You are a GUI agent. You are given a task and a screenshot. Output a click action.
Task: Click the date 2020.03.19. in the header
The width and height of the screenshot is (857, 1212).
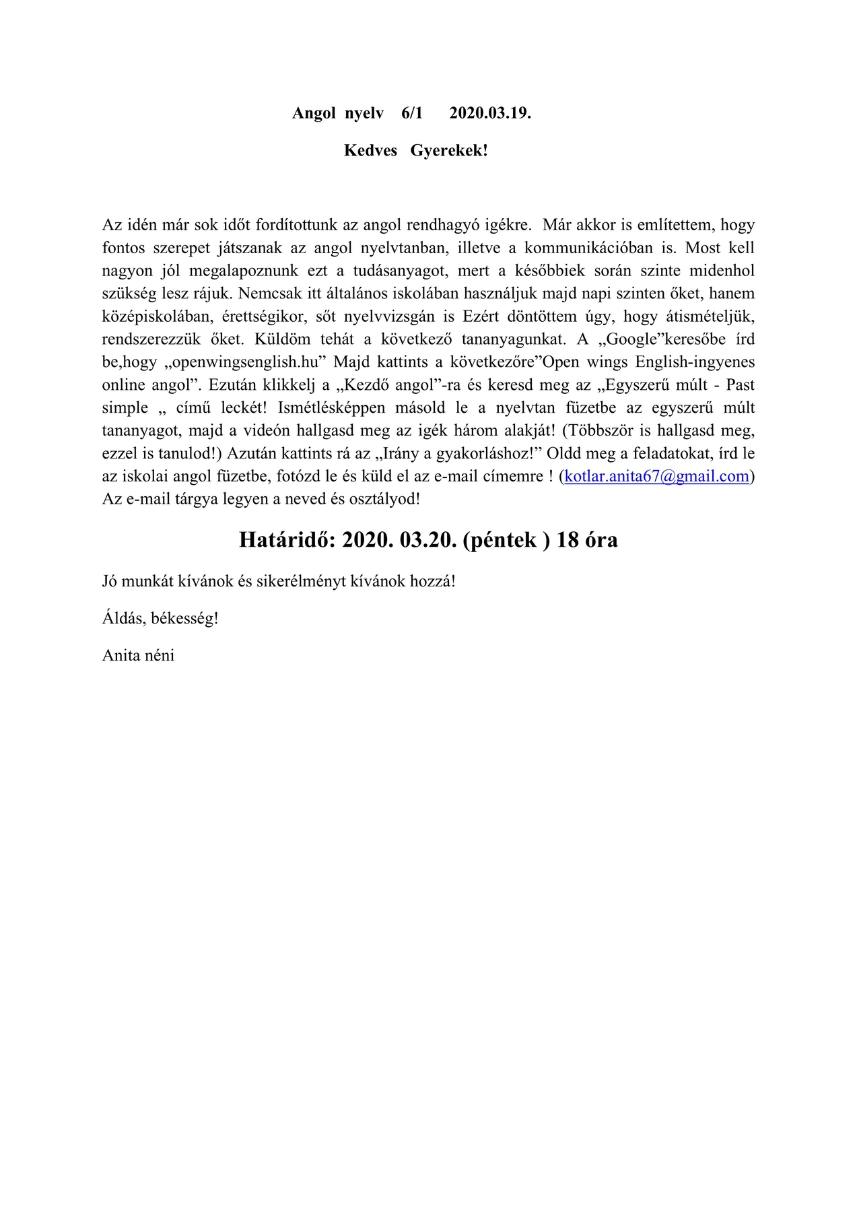(490, 113)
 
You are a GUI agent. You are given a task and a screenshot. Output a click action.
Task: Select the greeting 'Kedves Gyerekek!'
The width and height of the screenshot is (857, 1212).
(415, 150)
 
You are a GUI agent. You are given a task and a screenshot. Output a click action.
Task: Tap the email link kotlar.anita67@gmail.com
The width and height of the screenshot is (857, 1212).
(656, 476)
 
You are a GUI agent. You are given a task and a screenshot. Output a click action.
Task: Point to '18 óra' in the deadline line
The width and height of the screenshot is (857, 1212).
(587, 539)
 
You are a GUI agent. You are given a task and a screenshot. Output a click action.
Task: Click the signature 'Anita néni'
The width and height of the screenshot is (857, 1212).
(138, 655)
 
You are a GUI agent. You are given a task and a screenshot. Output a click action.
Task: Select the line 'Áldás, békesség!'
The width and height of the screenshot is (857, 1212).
(160, 618)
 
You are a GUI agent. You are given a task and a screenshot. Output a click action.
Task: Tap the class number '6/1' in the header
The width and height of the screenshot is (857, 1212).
(412, 113)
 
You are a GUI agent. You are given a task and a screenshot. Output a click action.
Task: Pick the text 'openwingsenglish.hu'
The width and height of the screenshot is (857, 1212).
(245, 362)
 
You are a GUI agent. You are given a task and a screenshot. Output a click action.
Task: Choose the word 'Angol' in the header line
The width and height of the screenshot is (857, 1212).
(314, 113)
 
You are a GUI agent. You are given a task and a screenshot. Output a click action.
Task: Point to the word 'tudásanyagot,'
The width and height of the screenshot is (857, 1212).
(400, 270)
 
